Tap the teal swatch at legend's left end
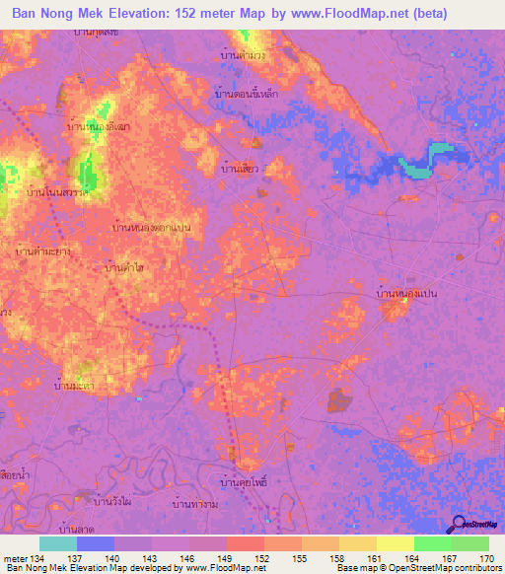[58, 543]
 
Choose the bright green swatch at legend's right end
[470, 543]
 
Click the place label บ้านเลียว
[240, 170]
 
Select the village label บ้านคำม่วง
[243, 55]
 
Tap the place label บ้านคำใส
[126, 267]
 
